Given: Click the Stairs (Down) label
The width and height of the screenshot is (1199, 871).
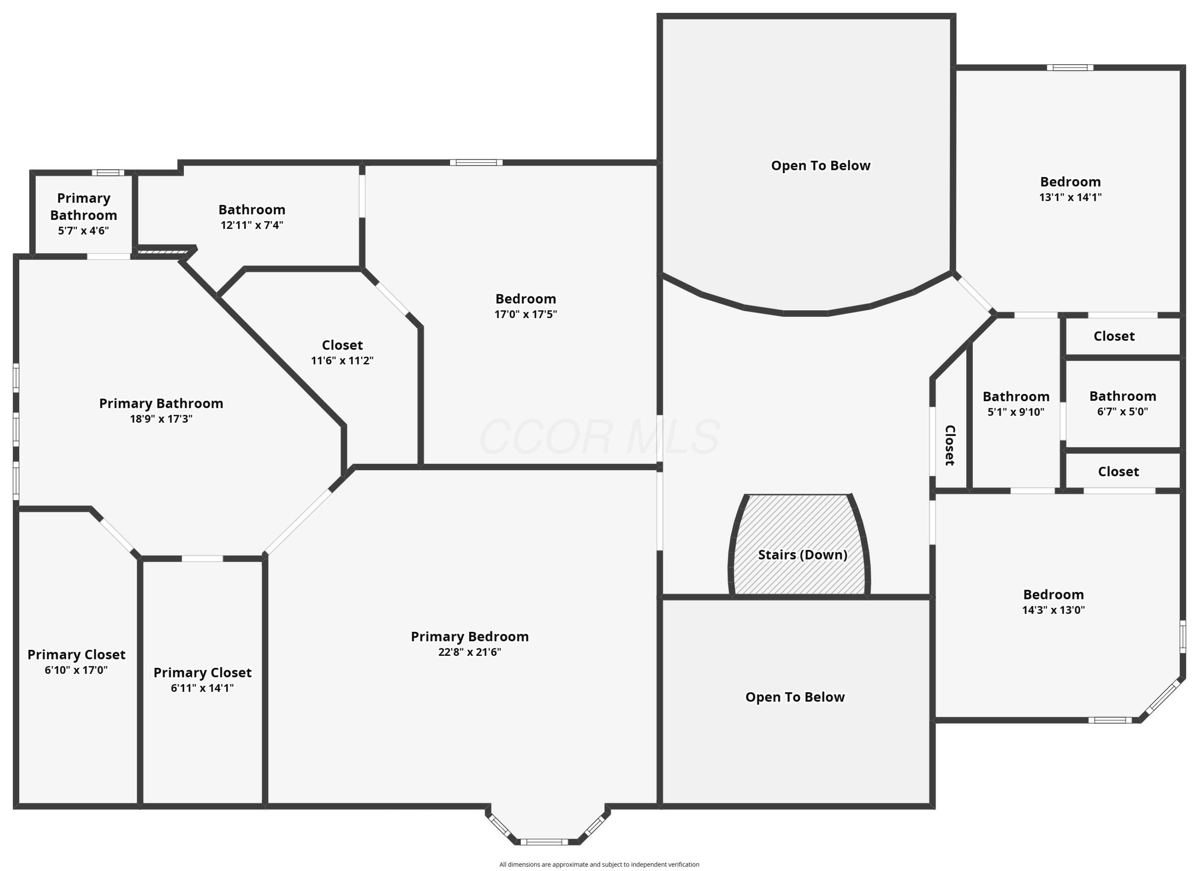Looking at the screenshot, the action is [x=803, y=555].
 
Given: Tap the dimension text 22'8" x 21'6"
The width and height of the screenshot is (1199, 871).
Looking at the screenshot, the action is [x=470, y=652].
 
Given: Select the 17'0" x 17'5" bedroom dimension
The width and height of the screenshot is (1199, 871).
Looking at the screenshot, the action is [x=526, y=314].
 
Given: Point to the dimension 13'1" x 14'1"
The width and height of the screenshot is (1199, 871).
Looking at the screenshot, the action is [x=1071, y=197].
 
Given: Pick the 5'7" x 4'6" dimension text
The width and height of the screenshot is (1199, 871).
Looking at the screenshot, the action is [x=84, y=231].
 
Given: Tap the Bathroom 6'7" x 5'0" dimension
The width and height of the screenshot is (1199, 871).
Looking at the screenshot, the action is [x=1122, y=412].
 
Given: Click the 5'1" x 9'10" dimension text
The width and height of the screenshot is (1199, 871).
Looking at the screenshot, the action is [x=1016, y=412].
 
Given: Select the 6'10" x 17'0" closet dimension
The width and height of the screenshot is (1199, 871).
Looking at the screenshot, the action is [x=76, y=670].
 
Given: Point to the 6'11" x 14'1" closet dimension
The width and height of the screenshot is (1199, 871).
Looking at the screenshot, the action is [x=203, y=688].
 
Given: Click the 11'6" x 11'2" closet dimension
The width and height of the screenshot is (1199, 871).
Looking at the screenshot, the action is [x=342, y=361].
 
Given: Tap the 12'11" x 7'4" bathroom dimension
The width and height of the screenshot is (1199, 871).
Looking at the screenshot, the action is [x=252, y=225].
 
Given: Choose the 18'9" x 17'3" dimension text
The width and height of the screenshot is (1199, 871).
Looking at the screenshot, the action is [x=161, y=419].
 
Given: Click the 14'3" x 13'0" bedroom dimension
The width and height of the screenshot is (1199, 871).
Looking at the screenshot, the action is [x=1054, y=610].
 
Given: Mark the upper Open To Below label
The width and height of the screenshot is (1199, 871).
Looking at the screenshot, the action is [x=821, y=166].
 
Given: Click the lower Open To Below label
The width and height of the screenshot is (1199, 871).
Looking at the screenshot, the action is [x=795, y=697].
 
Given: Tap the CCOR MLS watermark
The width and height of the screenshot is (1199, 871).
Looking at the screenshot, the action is [x=599, y=436].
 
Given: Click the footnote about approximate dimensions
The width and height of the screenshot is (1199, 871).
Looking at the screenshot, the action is [x=599, y=865].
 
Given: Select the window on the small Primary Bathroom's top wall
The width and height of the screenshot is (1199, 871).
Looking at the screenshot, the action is [x=108, y=172].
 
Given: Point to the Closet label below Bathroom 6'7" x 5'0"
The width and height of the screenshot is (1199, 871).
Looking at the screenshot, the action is [x=1119, y=472].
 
